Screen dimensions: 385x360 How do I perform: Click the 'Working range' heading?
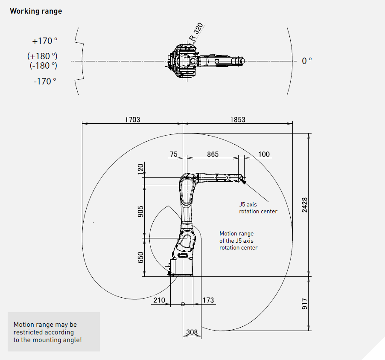pyautogui.click(x=36, y=11)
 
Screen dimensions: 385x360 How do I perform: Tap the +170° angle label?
pyautogui.click(x=45, y=41)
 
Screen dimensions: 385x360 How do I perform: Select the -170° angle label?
pyautogui.click(x=45, y=81)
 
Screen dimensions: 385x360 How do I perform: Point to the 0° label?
pyautogui.click(x=306, y=61)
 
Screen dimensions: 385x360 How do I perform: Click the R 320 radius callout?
pyautogui.click(x=196, y=32)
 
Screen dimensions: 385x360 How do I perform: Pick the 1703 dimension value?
pyautogui.click(x=133, y=119)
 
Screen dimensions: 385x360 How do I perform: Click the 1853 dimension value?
pyautogui.click(x=238, y=119)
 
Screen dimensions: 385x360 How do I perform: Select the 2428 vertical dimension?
pyautogui.click(x=304, y=205)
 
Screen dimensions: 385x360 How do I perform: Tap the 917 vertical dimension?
pyautogui.click(x=304, y=304)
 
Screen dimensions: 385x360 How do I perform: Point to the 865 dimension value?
pyautogui.click(x=213, y=154)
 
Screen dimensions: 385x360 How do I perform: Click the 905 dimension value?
pyautogui.click(x=140, y=212)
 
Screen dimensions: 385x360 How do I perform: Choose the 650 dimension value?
pyautogui.click(x=140, y=258)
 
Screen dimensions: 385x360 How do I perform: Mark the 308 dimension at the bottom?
pyautogui.click(x=192, y=332)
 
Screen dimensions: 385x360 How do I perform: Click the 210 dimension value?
pyautogui.click(x=159, y=300)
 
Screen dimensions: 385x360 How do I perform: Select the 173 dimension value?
pyautogui.click(x=208, y=300)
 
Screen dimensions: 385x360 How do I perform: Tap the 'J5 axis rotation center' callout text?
pyautogui.click(x=258, y=208)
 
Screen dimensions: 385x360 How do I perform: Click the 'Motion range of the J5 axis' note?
pyautogui.click(x=239, y=241)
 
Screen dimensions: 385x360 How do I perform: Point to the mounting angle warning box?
pyautogui.click(x=54, y=332)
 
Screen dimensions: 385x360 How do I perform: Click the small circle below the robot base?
pyautogui.click(x=183, y=304)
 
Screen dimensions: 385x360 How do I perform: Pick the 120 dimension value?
pyautogui.click(x=140, y=169)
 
